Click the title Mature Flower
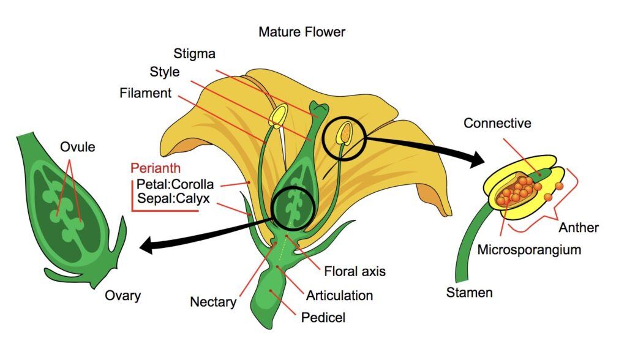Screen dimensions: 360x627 point(302,32)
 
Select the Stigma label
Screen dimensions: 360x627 point(194,54)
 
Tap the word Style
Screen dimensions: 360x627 point(165,72)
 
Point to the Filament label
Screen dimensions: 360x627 point(146,94)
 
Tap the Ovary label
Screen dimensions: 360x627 point(122,296)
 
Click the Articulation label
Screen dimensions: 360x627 point(340,296)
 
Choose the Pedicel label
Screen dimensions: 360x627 point(323,318)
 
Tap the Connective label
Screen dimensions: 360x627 point(497,123)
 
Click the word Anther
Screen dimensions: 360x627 point(579,228)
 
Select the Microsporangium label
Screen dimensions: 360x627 point(529,250)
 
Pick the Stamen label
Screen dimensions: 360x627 point(469,292)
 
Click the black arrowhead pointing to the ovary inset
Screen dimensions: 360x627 point(146,247)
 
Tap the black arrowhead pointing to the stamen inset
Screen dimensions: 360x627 point(478,160)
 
